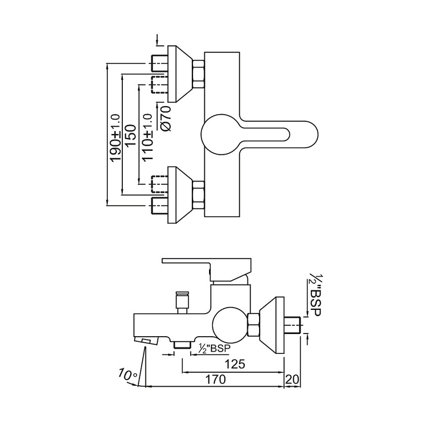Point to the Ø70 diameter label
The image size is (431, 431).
tap(166, 116)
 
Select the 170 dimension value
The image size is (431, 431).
tap(215, 379)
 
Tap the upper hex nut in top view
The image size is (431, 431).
tap(198, 74)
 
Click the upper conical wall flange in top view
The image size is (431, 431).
tap(179, 74)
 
